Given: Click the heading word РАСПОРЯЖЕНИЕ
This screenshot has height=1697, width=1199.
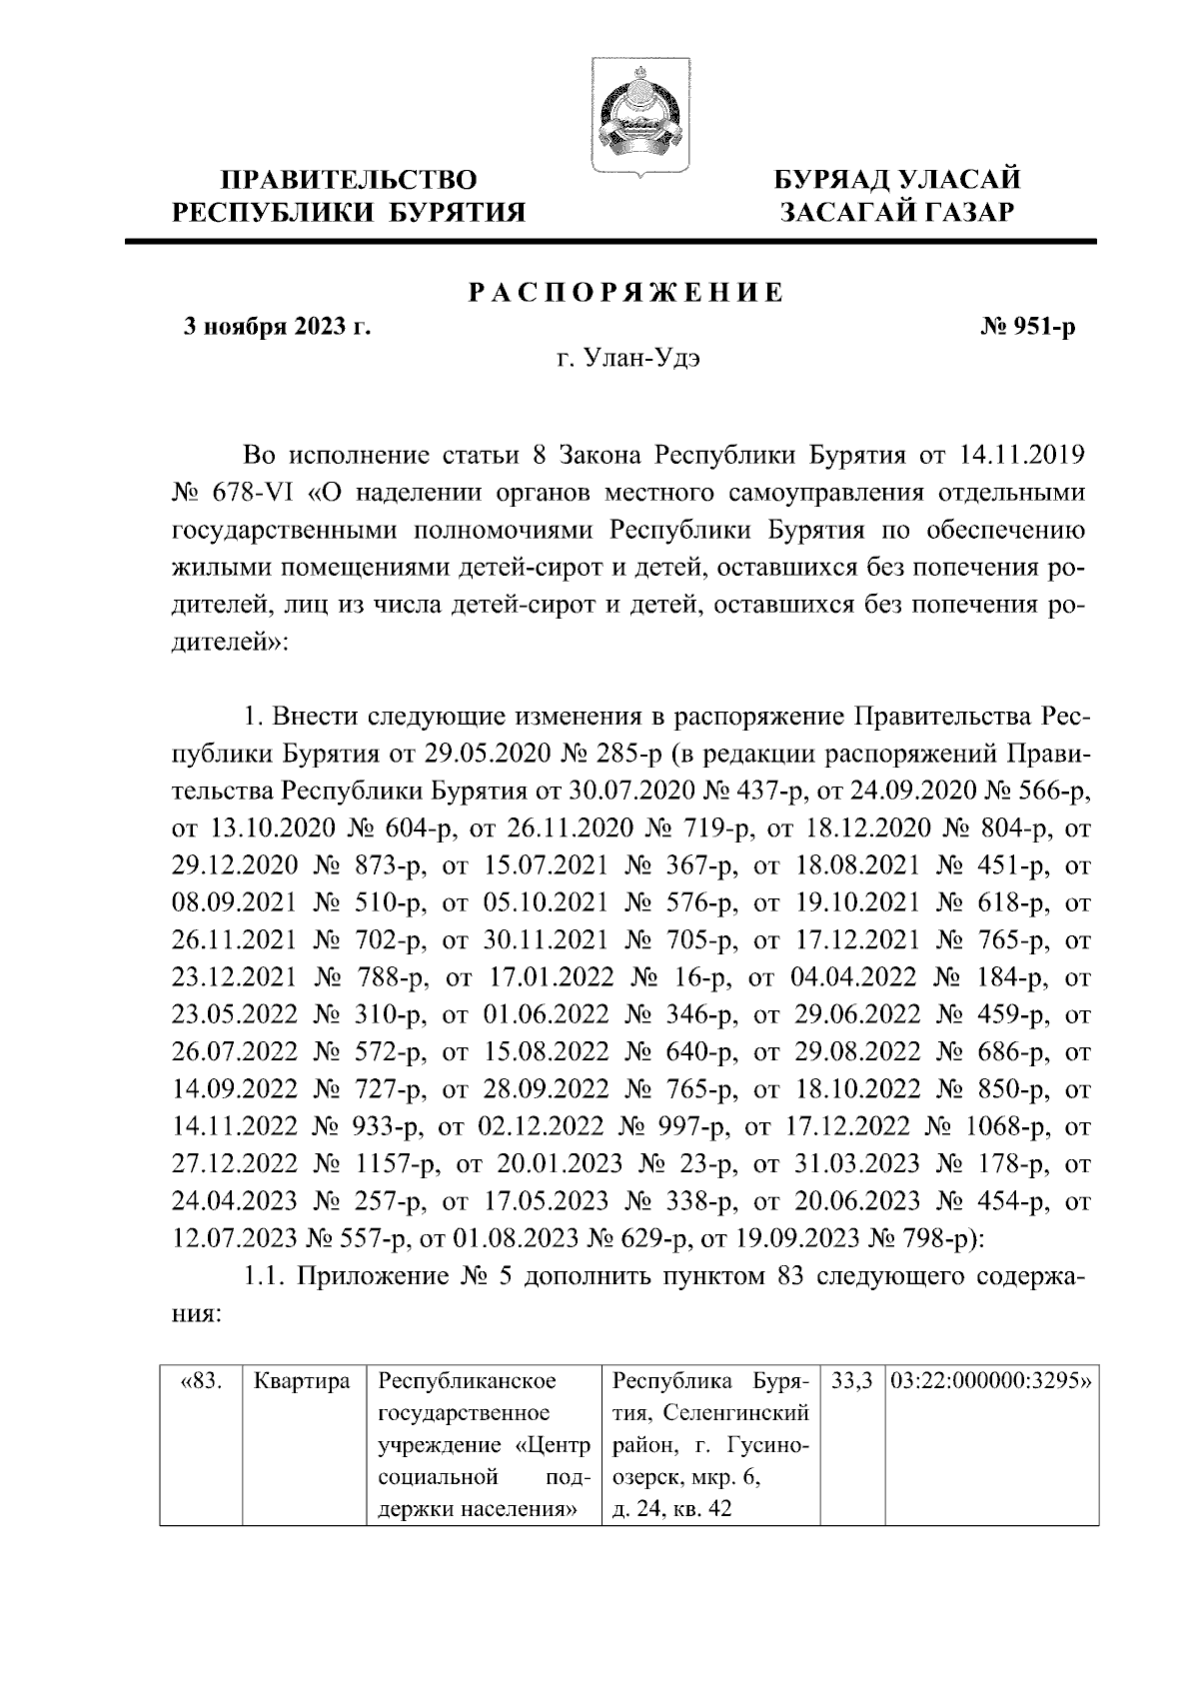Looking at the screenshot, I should (626, 293).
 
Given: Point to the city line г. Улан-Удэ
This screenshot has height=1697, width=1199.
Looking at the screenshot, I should (627, 360).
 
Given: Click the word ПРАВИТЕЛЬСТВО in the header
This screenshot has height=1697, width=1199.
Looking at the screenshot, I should (349, 180).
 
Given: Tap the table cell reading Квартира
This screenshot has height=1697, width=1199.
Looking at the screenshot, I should (303, 1383).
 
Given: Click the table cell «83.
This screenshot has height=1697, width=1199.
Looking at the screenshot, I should (203, 1383).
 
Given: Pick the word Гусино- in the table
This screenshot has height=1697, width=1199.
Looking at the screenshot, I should (766, 1446).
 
